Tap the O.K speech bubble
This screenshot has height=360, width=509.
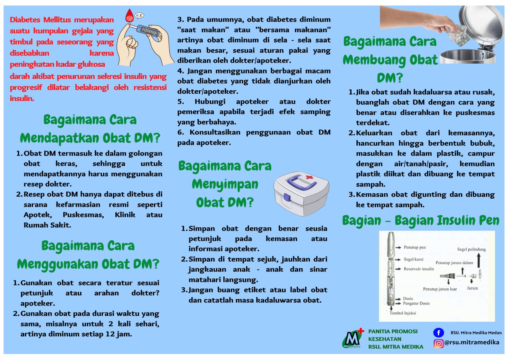click(x=139, y=16)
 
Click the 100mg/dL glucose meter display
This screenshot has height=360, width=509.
click(x=149, y=31)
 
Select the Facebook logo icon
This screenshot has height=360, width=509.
click(x=438, y=332)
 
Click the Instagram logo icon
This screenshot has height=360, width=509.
click(x=438, y=343)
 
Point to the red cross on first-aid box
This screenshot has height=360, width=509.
click(x=309, y=177)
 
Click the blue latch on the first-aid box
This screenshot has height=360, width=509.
click(x=287, y=198)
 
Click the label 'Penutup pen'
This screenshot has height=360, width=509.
click(x=414, y=247)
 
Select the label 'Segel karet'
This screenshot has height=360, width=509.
click(x=413, y=259)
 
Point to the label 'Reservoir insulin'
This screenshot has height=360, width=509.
click(x=419, y=269)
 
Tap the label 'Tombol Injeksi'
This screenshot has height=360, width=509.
click(x=402, y=313)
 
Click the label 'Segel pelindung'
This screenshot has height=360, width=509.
click(x=471, y=249)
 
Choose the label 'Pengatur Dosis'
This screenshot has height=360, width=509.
click(x=416, y=303)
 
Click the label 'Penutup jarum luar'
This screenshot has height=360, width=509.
click(x=440, y=289)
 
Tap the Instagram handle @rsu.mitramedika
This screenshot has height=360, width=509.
click(x=472, y=342)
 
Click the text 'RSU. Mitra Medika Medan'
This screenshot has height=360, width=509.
click(x=476, y=333)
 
